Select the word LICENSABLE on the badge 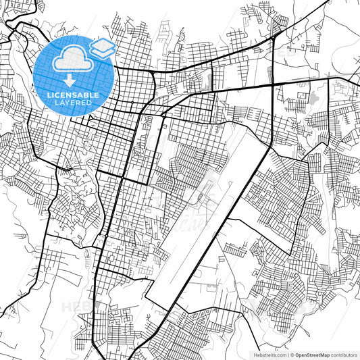click(74, 95)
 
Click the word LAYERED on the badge click(74, 103)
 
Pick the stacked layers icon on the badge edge click(103, 47)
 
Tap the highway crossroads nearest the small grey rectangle click(272, 84)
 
